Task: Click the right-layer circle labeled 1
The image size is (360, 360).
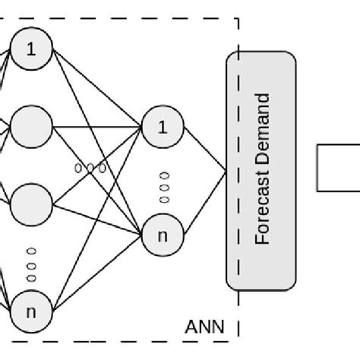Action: [162, 127]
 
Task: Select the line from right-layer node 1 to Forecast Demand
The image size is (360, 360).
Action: [204, 150]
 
